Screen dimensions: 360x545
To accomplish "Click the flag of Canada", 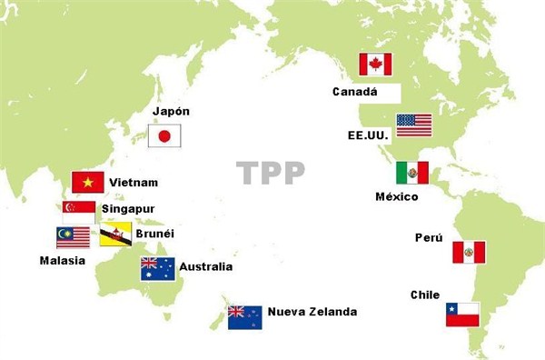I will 375,65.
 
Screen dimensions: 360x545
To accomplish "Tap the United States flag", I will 414,125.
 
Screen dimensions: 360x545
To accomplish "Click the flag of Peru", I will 469,252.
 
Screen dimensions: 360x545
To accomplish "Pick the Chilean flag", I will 461,315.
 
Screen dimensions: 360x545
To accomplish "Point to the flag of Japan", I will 164,136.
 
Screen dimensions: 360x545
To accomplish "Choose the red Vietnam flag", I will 87,182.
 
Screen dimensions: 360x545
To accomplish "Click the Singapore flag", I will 79,209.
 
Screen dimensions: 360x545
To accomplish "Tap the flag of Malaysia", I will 73,237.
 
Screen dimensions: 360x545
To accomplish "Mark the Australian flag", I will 157,268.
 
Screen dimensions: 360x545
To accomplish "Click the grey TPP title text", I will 270,173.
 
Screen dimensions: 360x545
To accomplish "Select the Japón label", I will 173,112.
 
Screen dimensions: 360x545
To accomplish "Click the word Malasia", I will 62,261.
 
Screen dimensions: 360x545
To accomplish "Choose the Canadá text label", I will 354,92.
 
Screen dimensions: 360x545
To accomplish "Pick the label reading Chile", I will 425,295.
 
